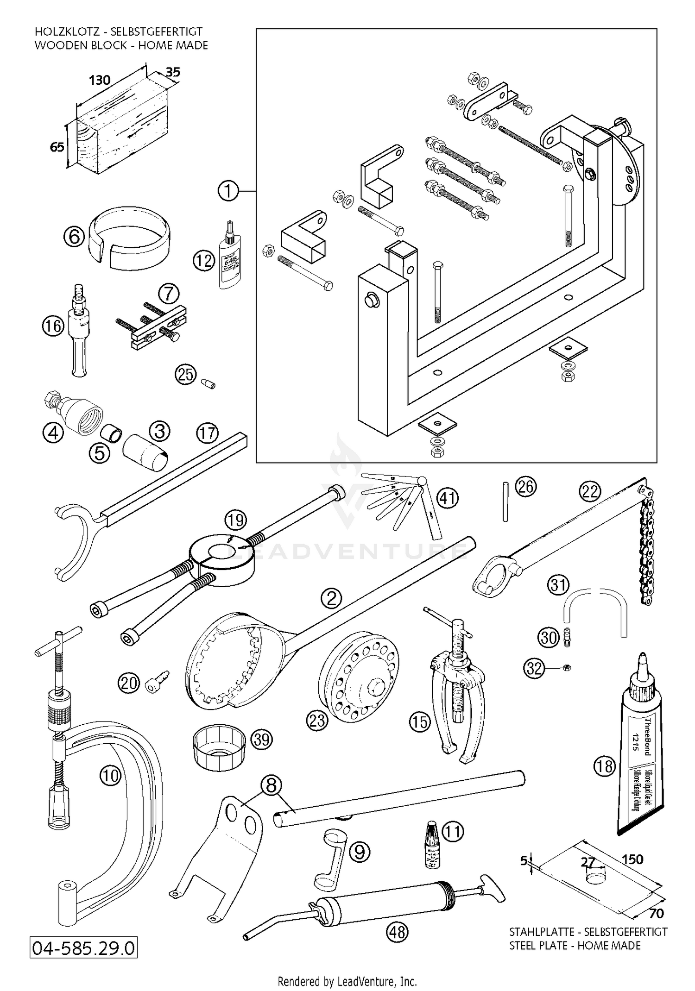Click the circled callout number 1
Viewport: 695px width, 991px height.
pyautogui.click(x=228, y=191)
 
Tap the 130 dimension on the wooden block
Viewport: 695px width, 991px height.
pyautogui.click(x=100, y=80)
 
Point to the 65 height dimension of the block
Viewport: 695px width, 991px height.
pyautogui.click(x=57, y=147)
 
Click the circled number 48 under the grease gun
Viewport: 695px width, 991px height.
pyautogui.click(x=397, y=931)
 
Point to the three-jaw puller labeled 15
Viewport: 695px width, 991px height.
pyautogui.click(x=456, y=685)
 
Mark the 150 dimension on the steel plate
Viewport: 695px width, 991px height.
pyautogui.click(x=632, y=859)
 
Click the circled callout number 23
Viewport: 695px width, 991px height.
pyautogui.click(x=316, y=721)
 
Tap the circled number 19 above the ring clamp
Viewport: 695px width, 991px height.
pyautogui.click(x=235, y=520)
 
